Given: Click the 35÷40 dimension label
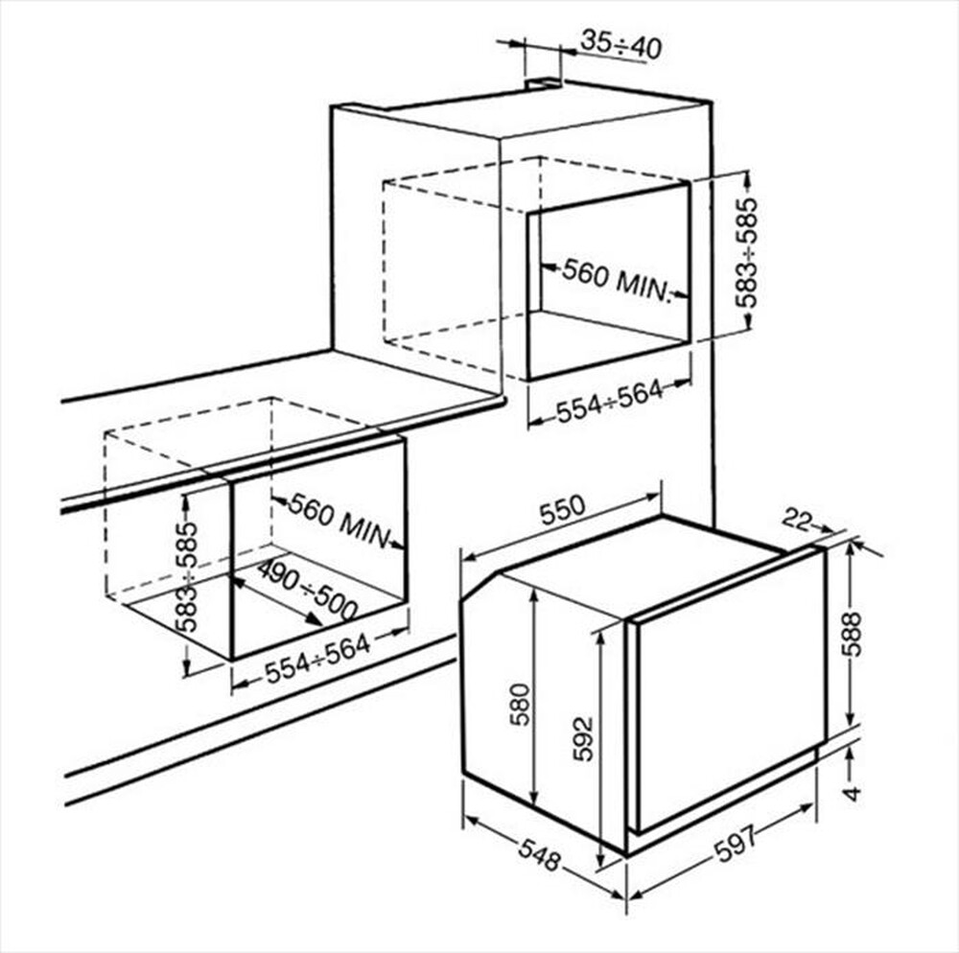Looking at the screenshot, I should click(x=620, y=45).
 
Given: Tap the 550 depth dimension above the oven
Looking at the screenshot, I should click(x=561, y=512).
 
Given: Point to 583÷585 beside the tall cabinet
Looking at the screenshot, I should click(x=748, y=252).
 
